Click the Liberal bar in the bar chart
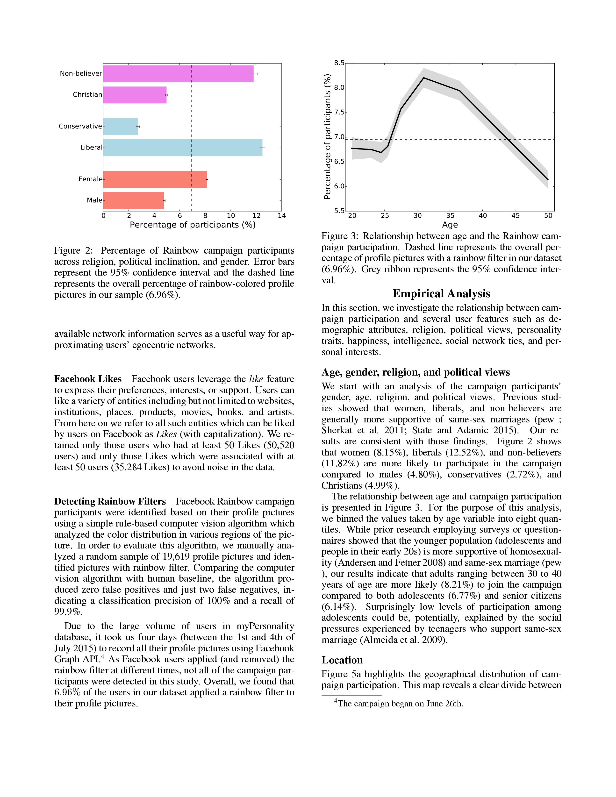182,148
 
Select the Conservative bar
121,127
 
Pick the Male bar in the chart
134,201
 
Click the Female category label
90,179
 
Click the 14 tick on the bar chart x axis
281,216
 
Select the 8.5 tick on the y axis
339,63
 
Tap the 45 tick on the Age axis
515,216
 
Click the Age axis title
450,225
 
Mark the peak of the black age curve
424,78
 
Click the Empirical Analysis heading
441,293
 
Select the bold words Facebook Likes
88,379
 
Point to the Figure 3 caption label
339,236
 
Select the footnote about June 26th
400,704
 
